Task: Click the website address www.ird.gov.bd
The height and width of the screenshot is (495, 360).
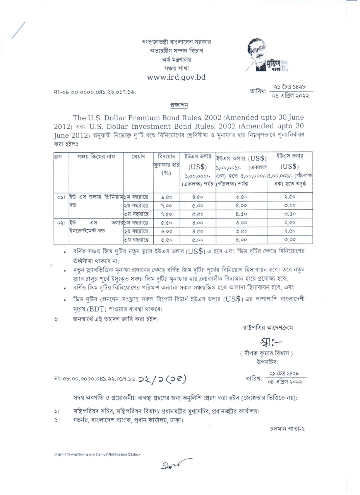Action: pos(176,77)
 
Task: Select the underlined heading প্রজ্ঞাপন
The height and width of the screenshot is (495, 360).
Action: pos(179,105)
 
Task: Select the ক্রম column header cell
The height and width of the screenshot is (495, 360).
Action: pos(57,157)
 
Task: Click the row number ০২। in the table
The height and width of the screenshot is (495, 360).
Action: pos(60,223)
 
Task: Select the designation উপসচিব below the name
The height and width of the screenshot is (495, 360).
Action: pos(266,362)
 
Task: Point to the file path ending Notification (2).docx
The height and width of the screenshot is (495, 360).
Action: pos(97,454)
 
